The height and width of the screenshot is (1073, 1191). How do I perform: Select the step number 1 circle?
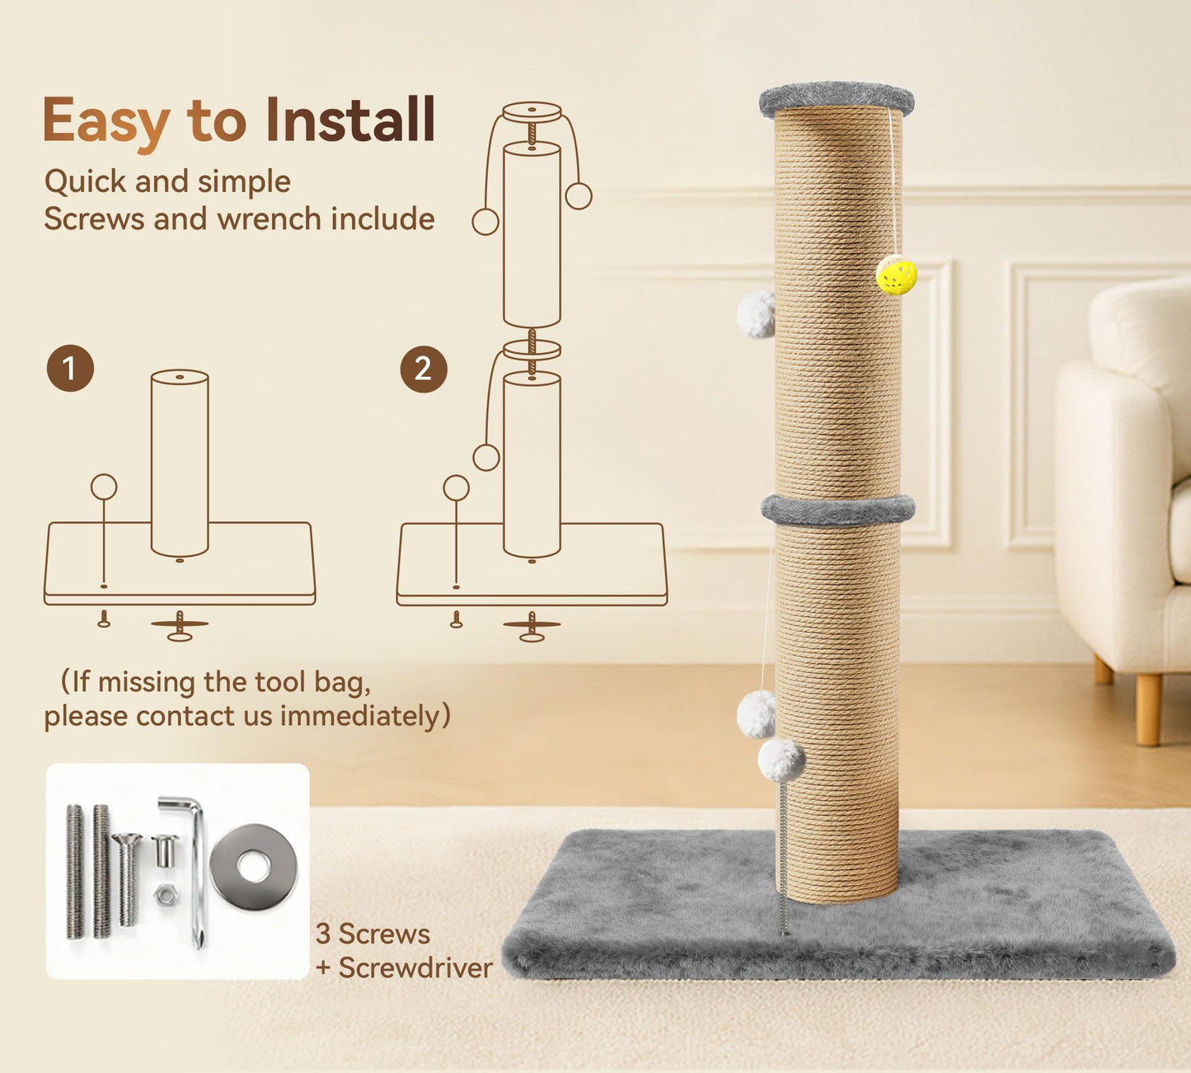pos(71,369)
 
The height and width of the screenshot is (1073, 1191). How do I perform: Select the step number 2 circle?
pos(424,369)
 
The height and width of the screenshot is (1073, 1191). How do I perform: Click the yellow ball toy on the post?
pos(897,275)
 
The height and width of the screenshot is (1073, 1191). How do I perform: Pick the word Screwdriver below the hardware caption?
pos(415,967)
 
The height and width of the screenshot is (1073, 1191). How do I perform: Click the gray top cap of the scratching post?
pos(837,100)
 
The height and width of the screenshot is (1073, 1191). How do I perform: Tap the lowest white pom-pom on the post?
pos(781,760)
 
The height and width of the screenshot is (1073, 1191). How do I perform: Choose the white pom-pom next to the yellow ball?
pos(757,314)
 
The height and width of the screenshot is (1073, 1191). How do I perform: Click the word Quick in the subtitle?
pos(85,181)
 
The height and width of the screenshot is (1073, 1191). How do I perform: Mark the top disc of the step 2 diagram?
pos(532,112)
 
